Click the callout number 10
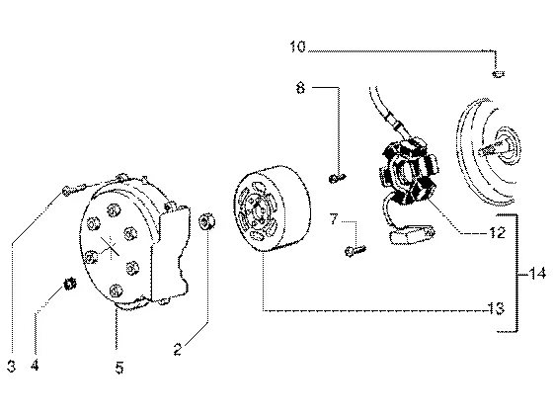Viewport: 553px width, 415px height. (x=297, y=47)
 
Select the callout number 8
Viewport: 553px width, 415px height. (x=300, y=88)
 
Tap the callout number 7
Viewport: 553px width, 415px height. (x=334, y=218)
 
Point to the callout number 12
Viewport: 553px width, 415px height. (x=498, y=233)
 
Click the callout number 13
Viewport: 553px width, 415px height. (x=497, y=308)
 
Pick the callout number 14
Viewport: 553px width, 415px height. (x=538, y=274)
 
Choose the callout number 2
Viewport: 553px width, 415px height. (x=178, y=350)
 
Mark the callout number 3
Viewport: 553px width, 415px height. (x=11, y=367)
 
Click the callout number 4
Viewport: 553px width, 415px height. (x=35, y=366)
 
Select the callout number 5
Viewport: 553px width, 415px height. (x=119, y=368)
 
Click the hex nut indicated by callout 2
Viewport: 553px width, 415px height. (x=207, y=222)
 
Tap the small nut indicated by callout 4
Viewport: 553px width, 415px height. (x=70, y=284)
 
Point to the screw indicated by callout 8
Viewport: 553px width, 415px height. (x=338, y=178)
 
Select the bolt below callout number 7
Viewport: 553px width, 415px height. (x=355, y=251)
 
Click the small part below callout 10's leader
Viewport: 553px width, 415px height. (x=498, y=74)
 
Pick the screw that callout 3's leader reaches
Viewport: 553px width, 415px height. (x=73, y=189)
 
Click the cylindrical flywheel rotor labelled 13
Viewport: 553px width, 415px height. (x=272, y=208)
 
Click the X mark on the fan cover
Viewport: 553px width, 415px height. (x=110, y=246)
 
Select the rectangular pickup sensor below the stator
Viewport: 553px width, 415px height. (x=412, y=234)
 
